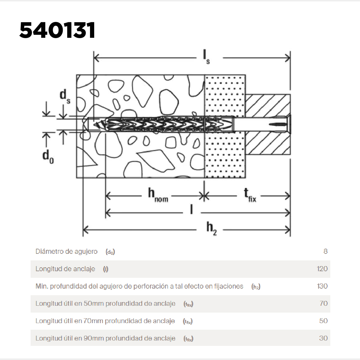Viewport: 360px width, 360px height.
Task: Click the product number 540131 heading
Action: tap(57, 30)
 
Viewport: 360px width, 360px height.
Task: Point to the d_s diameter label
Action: tap(65, 96)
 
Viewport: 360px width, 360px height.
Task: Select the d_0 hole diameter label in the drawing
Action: tap(48, 157)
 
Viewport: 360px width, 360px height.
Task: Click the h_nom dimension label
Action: tap(158, 195)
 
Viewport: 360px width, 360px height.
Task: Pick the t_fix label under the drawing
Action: tap(250, 195)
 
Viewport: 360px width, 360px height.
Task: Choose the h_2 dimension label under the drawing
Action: tap(211, 229)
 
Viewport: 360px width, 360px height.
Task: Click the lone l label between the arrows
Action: tap(191, 209)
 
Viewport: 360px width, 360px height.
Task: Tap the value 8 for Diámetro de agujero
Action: tap(325, 251)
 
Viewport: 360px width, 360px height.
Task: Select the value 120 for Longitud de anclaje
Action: tap(322, 268)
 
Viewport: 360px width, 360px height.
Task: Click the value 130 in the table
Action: tap(322, 286)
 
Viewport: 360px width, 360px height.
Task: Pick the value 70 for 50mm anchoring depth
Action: tap(324, 303)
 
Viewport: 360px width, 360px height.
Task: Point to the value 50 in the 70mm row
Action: tap(323, 321)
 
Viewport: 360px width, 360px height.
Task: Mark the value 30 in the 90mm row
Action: tap(323, 338)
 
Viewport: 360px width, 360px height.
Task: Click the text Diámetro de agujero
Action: tap(67, 251)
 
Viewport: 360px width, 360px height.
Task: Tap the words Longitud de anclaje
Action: tap(65, 269)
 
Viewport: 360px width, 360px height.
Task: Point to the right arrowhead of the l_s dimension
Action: tap(287, 58)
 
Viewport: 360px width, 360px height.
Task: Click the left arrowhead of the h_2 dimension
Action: tap(86, 230)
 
